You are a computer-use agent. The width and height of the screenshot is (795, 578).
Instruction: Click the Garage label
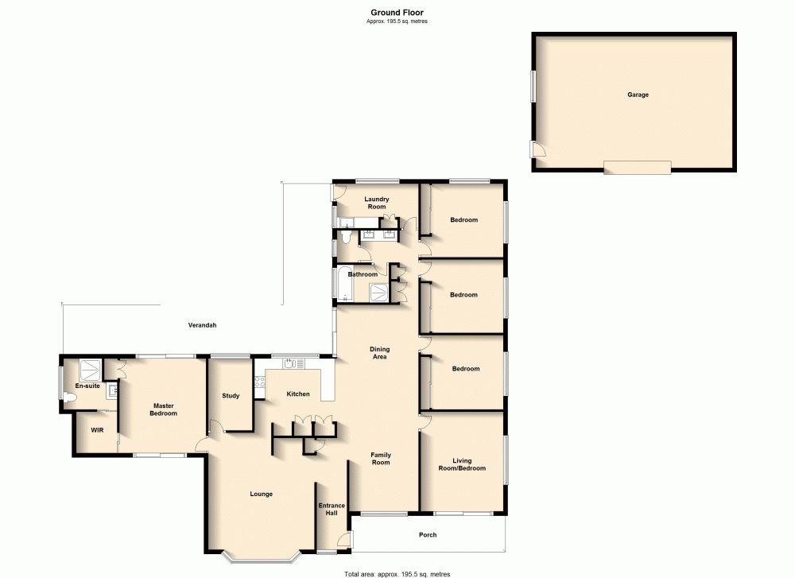point(638,95)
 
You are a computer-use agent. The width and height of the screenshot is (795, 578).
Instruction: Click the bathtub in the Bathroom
point(343,285)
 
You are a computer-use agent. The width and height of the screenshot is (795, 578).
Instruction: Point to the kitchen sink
point(293,364)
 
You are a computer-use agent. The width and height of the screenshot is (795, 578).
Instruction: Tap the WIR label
point(97,430)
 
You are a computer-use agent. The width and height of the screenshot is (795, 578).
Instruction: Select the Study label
point(231,396)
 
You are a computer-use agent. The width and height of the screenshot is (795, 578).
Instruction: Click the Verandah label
point(202,325)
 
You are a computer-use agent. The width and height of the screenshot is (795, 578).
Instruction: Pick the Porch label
point(428,535)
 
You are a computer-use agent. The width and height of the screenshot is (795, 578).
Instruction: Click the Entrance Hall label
point(332,510)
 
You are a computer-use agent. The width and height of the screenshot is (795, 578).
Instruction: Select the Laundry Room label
point(375,203)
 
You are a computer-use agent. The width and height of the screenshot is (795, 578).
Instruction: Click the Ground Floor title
point(397,12)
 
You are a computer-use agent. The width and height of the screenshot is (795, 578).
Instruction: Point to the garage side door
point(538,149)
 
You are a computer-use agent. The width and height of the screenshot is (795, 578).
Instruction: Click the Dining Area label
point(379,353)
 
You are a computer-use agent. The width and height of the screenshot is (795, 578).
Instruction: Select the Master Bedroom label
point(165,409)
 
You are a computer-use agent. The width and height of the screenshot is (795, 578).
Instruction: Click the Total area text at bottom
point(397,573)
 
